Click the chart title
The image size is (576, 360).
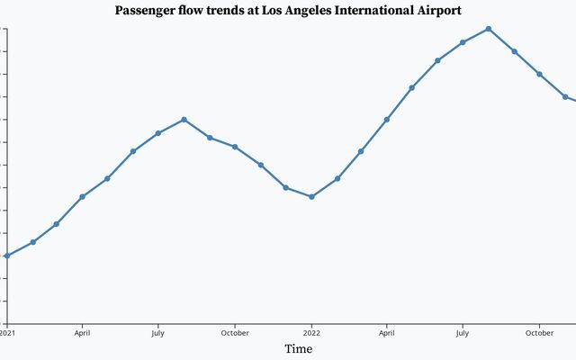tap(288, 11)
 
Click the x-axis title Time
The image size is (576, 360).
tap(299, 348)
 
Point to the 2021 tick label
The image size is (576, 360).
tap(7, 331)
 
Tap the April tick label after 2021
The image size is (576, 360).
tap(82, 331)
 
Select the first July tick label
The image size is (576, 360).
tap(157, 331)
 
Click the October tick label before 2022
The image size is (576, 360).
tap(235, 331)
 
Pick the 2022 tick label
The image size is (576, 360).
tap(311, 331)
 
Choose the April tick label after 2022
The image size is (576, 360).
tap(386, 331)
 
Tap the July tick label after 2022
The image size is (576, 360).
tap(462, 331)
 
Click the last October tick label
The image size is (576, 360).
tap(539, 331)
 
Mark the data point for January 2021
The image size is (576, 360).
tap(7, 256)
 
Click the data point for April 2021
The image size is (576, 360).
tap(82, 196)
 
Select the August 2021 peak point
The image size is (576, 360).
tap(184, 119)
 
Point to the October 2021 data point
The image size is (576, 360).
tap(235, 147)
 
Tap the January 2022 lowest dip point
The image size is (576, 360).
tap(311, 196)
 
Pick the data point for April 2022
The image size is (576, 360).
tap(386, 119)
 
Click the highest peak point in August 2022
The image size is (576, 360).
tap(488, 29)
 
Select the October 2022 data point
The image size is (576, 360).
tap(539, 74)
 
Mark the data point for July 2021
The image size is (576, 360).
tap(157, 133)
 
